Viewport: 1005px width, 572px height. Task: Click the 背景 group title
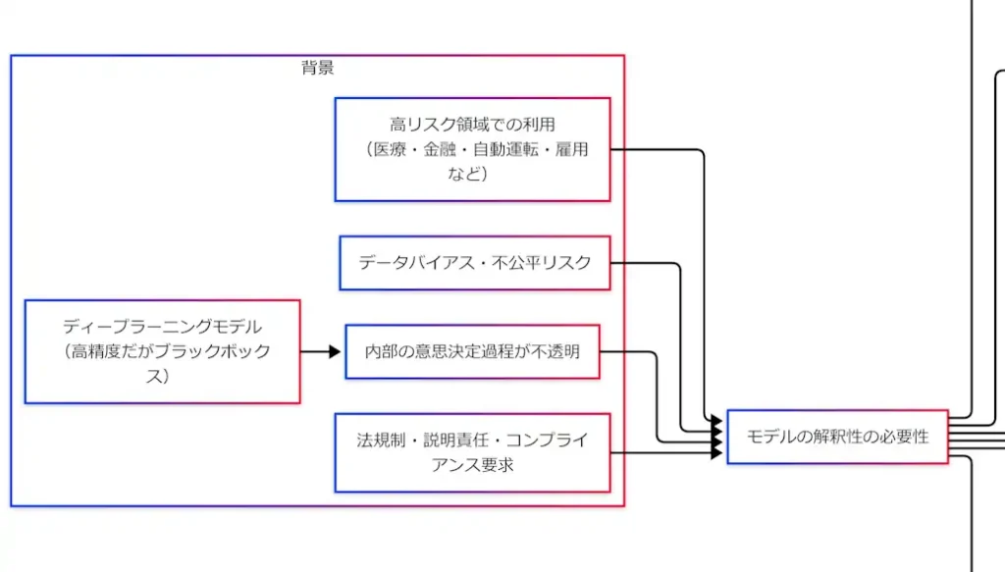317,68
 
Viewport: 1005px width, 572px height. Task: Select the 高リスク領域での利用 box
472,149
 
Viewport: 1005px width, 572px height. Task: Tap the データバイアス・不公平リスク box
474,263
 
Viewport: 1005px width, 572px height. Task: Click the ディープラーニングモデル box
162,351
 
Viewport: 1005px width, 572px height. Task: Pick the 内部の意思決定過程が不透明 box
472,351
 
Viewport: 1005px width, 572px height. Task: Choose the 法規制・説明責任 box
472,451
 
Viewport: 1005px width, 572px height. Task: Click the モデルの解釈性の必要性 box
837,437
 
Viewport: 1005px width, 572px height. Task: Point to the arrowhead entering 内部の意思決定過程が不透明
336,351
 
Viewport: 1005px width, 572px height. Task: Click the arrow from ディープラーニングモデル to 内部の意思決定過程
320,351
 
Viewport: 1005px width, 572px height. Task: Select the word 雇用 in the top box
571,150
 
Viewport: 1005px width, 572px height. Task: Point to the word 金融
434,150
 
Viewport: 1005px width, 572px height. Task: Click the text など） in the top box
471,174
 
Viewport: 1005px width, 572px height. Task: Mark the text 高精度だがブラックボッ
166,352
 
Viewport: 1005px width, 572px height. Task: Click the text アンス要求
472,464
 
